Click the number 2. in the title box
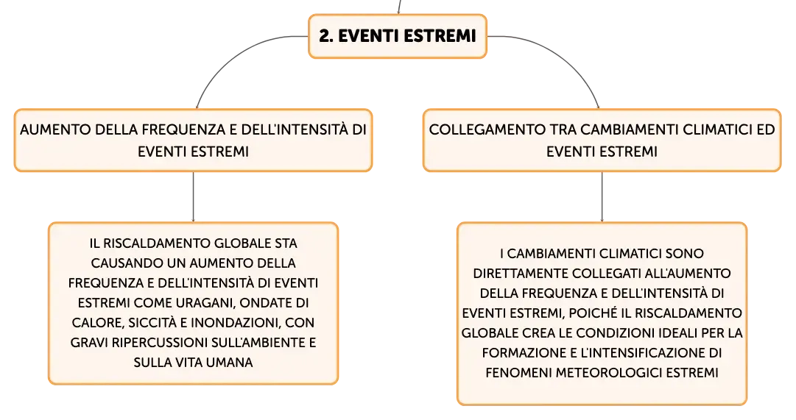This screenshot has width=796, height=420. (326, 36)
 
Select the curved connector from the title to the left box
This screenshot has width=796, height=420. (233, 51)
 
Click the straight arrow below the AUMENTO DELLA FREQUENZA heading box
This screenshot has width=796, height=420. (193, 197)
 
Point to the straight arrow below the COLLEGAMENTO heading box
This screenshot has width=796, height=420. (602, 197)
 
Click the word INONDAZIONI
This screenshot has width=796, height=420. (236, 323)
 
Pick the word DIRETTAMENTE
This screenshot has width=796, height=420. (521, 274)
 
